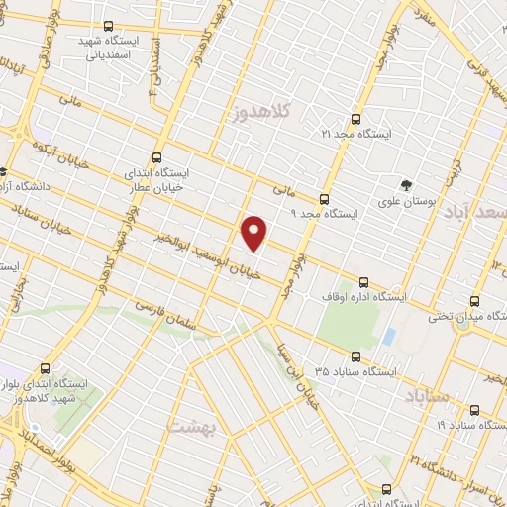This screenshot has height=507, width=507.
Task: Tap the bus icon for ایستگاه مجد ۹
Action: click(x=324, y=196)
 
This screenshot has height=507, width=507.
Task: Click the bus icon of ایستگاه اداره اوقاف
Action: click(x=364, y=280)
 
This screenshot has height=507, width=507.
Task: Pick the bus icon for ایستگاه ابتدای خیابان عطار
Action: click(x=156, y=156)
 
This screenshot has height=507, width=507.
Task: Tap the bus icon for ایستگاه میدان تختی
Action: click(x=475, y=301)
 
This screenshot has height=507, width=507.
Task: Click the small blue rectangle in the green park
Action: click(x=388, y=337)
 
